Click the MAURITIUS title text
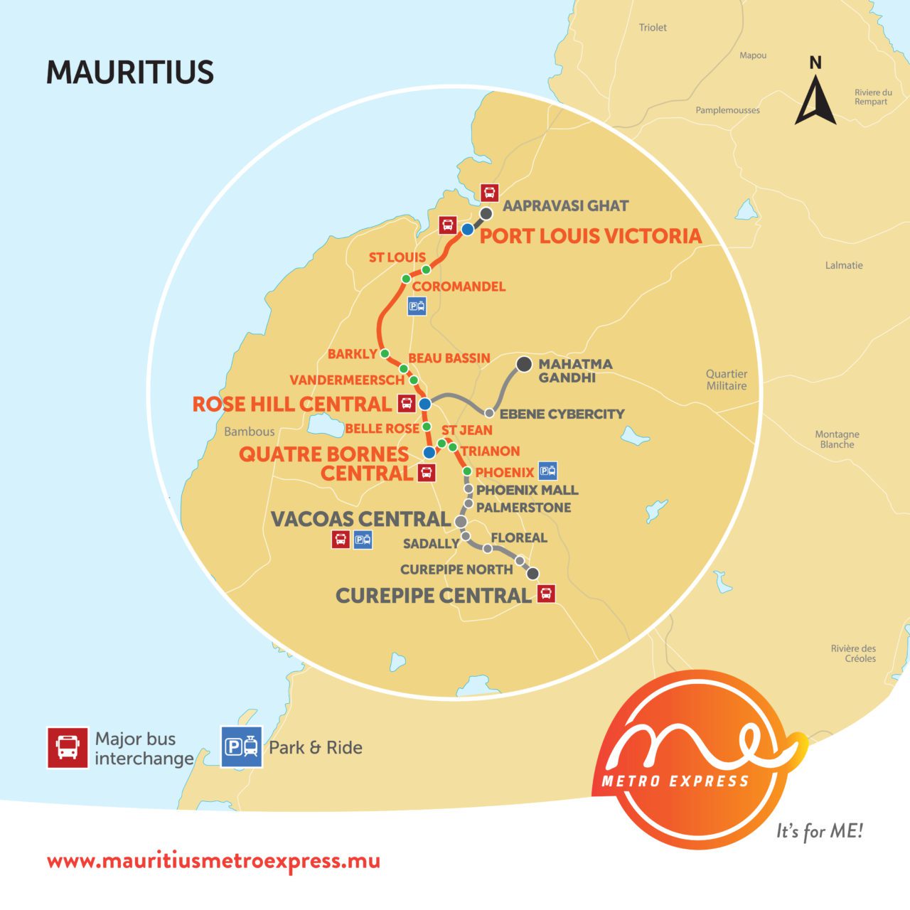click(x=130, y=73)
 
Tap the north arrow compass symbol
click(x=815, y=100)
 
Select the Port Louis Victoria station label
click(x=590, y=236)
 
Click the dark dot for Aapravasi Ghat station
click(x=486, y=213)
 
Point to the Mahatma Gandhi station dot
click(x=524, y=364)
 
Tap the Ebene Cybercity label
click(x=562, y=414)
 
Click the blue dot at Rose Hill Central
click(x=424, y=404)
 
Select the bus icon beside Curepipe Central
click(x=546, y=593)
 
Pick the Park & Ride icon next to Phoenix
click(x=547, y=470)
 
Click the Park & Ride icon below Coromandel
click(x=417, y=307)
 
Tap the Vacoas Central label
click(x=360, y=519)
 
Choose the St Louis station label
click(x=397, y=257)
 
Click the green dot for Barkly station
click(x=385, y=353)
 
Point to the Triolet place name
click(x=653, y=28)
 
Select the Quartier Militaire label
click(x=726, y=380)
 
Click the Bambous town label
click(x=249, y=432)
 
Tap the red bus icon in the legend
click(x=68, y=747)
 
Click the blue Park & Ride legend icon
click(x=242, y=747)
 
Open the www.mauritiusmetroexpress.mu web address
click(x=213, y=861)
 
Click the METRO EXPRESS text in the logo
click(x=675, y=781)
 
